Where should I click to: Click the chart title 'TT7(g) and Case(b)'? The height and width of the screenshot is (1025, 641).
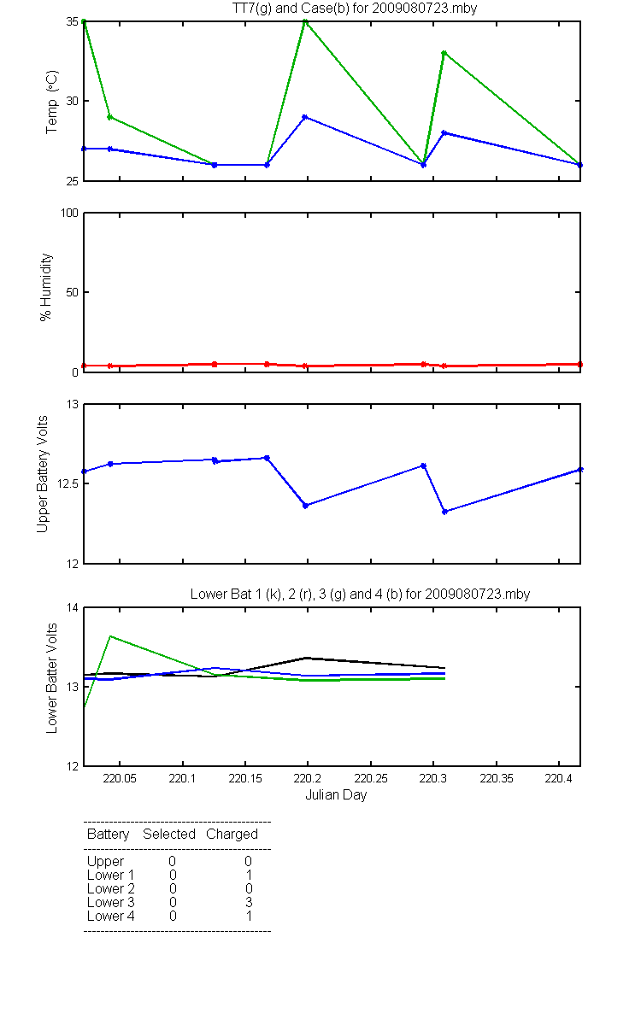pos(289,9)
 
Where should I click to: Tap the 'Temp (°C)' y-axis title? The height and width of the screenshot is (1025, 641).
pos(52,102)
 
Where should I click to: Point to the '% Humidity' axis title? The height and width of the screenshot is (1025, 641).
pos(46,287)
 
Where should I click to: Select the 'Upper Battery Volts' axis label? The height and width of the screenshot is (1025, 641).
pos(42,474)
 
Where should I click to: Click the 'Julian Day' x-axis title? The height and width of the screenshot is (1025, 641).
pos(336,795)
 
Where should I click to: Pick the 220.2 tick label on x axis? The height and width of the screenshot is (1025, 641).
pos(307,778)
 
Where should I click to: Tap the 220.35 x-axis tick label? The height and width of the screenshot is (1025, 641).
pos(497,778)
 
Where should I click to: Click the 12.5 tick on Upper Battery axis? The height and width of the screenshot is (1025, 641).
pos(68,483)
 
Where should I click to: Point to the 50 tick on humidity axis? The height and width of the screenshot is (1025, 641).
pos(73,292)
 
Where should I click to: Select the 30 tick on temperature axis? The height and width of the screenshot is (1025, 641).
pos(73,101)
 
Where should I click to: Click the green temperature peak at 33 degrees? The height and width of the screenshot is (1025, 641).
pos(444,53)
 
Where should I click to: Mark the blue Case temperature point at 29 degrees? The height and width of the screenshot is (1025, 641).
pos(305,117)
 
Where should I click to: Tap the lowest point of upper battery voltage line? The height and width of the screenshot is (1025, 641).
pos(444,512)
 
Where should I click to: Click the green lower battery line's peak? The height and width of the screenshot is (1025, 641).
pos(110,636)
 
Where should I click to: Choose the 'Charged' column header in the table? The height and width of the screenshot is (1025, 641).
pos(232,835)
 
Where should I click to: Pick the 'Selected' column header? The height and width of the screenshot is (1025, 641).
pos(169,834)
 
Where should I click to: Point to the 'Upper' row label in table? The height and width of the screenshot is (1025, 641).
pos(105,862)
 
